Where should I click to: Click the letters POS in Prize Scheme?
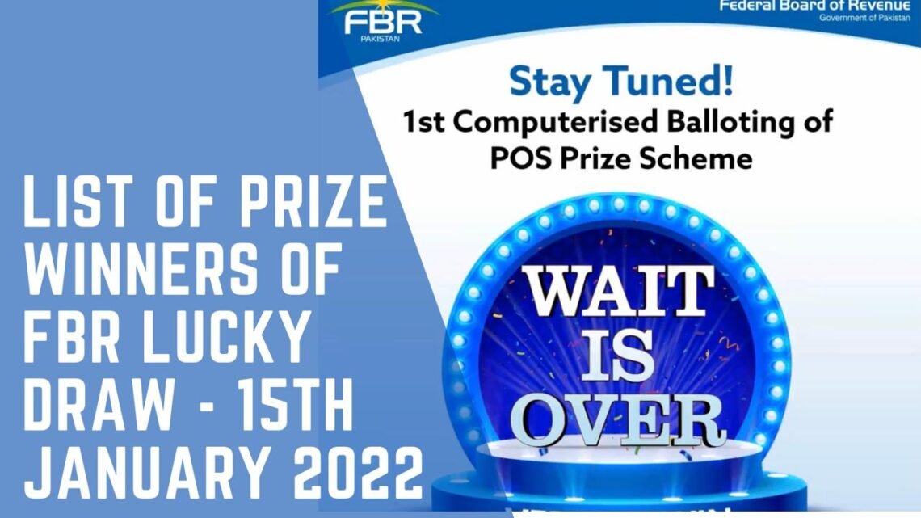click(515, 158)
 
